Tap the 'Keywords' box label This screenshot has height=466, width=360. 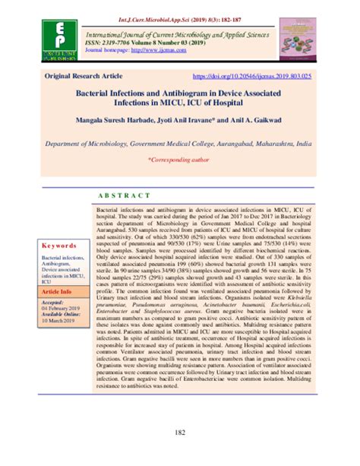pos(58,246)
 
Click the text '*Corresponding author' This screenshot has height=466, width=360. pos(180,160)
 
